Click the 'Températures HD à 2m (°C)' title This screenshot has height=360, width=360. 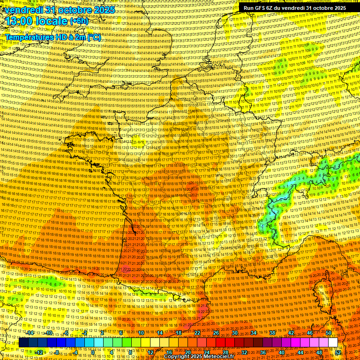pyautogui.click(x=52, y=37)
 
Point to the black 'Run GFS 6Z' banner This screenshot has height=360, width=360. pyautogui.click(x=294, y=8)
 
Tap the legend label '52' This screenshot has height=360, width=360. pyautogui.click(x=338, y=352)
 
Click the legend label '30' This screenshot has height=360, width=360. pyautogui.click(x=234, y=333)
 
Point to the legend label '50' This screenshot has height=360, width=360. pyautogui.click(x=328, y=333)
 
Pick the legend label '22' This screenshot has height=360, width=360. pyautogui.click(x=197, y=333)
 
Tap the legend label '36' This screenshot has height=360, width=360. pyautogui.click(x=263, y=352)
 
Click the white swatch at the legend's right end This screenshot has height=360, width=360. pyautogui.click(x=333, y=343)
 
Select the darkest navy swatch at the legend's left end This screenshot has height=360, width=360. pyautogui.click(x=23, y=343)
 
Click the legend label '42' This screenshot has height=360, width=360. pyautogui.click(x=291, y=333)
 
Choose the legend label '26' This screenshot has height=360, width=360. pyautogui.click(x=216, y=333)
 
